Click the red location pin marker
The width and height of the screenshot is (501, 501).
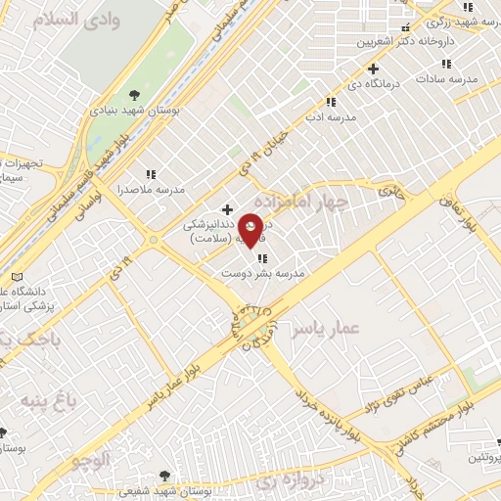click(x=250, y=229)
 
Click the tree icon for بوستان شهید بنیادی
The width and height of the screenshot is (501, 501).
click(x=134, y=95)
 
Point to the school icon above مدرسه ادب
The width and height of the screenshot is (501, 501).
click(x=331, y=101)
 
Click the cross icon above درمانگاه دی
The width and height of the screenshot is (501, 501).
click(x=372, y=68)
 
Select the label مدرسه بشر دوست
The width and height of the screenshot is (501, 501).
click(x=262, y=275)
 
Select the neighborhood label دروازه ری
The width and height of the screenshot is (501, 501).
click(x=285, y=482)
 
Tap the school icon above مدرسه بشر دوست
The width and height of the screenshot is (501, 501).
click(x=262, y=258)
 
